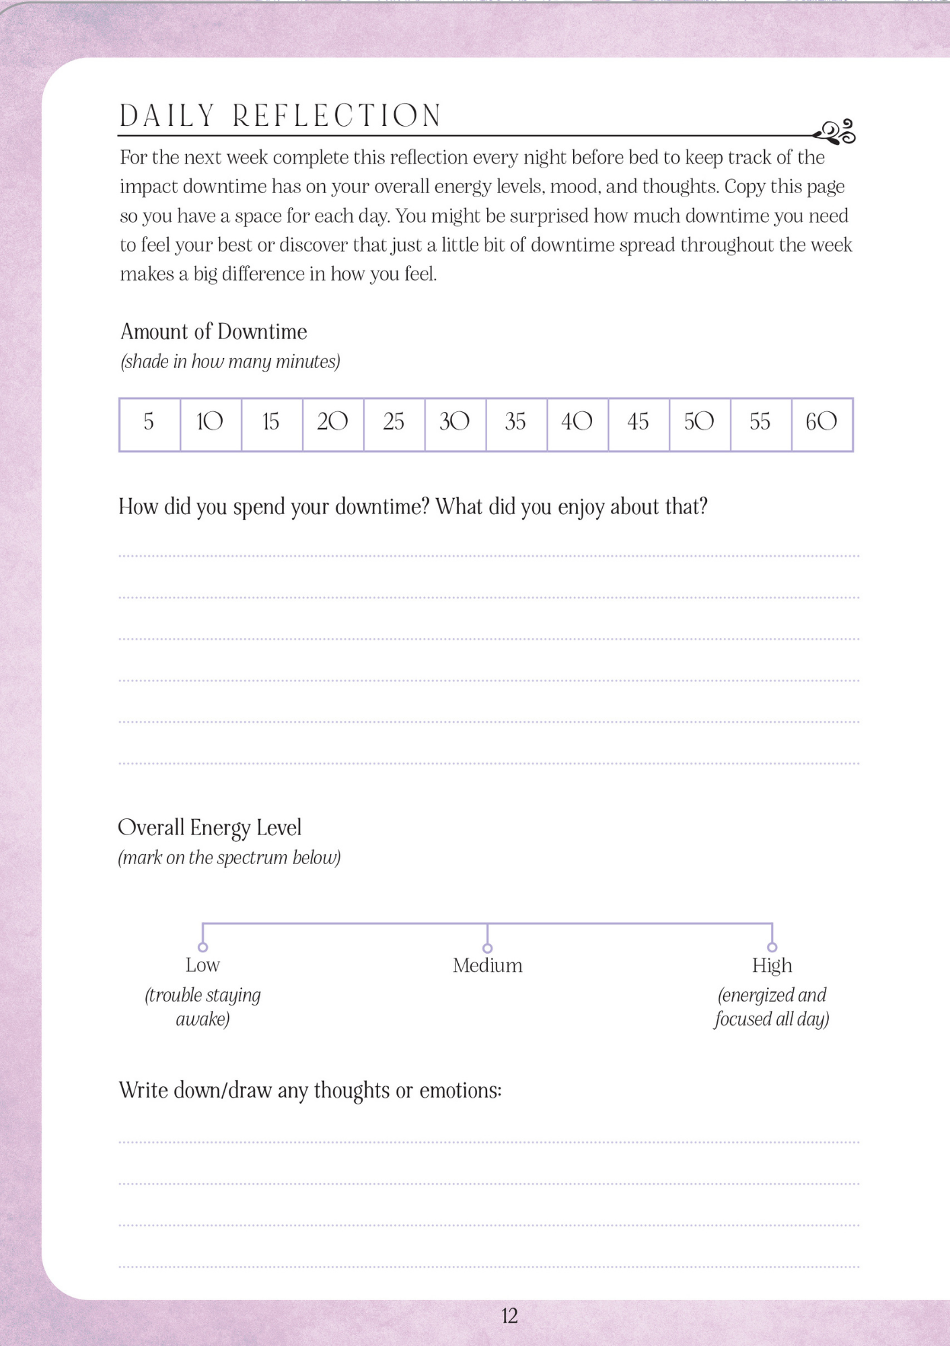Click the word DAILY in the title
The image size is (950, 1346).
167,116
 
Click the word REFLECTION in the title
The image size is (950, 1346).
337,116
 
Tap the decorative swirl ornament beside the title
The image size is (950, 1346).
836,132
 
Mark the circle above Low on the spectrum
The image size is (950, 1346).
203,948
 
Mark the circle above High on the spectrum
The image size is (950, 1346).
772,948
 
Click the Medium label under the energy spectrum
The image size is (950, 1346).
487,966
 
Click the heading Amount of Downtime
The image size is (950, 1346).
213,332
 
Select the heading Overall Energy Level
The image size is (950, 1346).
209,828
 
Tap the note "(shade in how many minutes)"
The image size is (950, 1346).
230,362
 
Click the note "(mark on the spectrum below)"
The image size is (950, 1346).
229,858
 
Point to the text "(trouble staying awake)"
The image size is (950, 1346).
203,1007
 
